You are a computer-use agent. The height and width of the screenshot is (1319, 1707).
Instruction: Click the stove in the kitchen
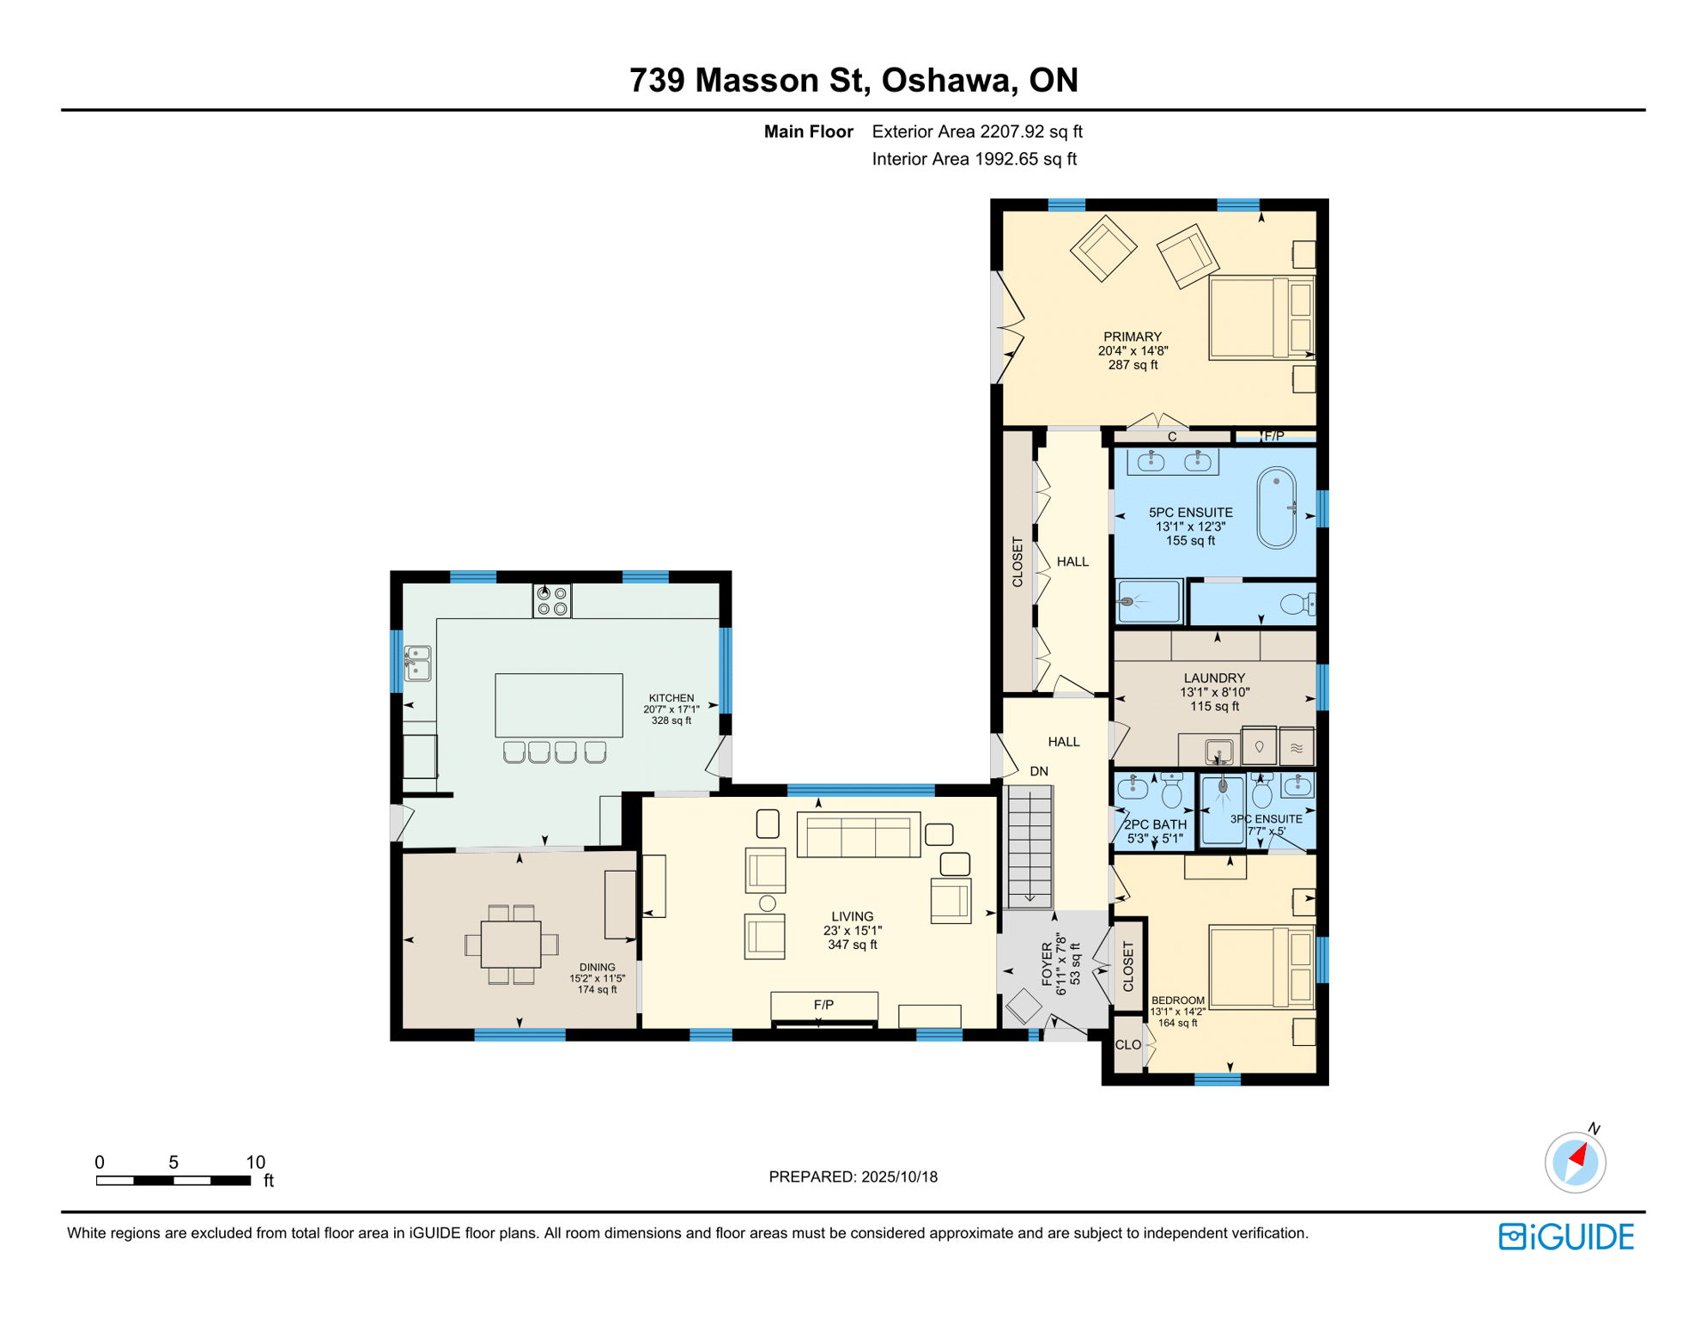[551, 600]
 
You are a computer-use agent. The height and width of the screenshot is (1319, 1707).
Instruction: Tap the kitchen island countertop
[559, 705]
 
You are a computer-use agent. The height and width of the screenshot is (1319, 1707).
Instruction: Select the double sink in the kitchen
[418, 663]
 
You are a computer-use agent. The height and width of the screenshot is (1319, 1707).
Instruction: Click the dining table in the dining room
[511, 944]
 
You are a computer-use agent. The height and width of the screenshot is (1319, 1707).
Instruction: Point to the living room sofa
[859, 835]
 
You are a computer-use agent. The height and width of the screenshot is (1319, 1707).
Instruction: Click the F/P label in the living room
[823, 1004]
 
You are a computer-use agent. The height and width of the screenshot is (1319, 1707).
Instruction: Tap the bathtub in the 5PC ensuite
[1277, 508]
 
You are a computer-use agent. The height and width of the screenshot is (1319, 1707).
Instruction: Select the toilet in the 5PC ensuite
[1298, 605]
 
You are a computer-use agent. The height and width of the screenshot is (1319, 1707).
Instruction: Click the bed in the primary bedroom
[1261, 317]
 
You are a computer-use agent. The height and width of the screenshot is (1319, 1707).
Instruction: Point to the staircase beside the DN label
[1029, 847]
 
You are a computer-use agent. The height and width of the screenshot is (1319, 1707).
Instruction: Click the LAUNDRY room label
[1214, 678]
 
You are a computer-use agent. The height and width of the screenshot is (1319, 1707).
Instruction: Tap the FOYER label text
[1047, 963]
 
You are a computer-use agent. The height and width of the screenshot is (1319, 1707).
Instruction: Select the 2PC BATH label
[1156, 824]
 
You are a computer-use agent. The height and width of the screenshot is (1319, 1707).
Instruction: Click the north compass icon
[1576, 1162]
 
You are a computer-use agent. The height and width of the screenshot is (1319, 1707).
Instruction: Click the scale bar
[173, 1181]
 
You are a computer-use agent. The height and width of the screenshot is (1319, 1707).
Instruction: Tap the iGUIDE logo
[1567, 1237]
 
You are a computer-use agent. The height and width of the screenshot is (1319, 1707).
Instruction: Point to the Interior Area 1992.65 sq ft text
[975, 159]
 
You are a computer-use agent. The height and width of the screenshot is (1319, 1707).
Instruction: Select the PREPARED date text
[853, 1176]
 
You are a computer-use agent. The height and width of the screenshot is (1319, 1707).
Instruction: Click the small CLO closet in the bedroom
[1128, 1044]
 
